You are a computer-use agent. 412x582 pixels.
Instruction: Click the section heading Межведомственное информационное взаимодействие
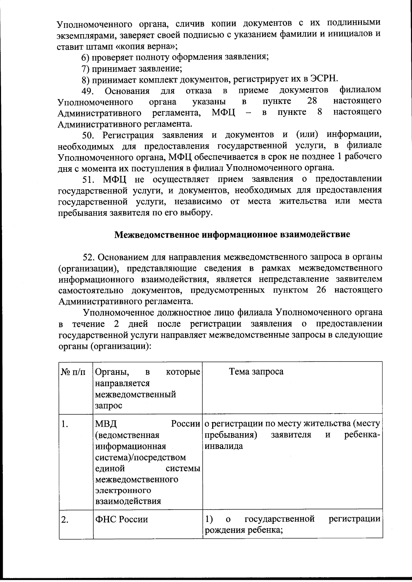pos(232,235)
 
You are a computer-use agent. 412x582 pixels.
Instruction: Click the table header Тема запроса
pos(256,372)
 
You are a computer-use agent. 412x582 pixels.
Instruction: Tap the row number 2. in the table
pos(65,519)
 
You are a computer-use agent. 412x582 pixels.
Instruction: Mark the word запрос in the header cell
pos(108,405)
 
